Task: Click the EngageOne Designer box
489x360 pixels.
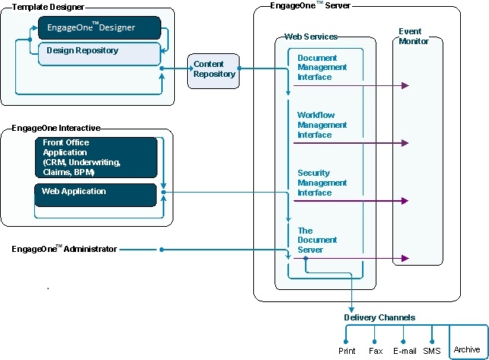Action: (100, 28)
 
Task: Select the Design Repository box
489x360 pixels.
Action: (100, 54)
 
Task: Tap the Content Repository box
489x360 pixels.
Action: (213, 72)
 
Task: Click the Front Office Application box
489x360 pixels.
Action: (96, 158)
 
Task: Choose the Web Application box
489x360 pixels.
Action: (95, 195)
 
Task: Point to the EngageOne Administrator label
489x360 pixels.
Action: (64, 249)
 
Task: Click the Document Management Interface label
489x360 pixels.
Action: (322, 68)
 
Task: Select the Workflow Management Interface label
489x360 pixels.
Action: (322, 125)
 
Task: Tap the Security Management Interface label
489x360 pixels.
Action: (322, 183)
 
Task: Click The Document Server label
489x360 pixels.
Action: (317, 240)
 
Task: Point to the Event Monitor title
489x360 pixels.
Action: (414, 37)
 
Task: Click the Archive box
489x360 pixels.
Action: (468, 342)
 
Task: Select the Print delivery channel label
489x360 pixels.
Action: (347, 351)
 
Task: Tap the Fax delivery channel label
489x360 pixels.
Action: (376, 351)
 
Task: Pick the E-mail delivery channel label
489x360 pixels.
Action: (405, 351)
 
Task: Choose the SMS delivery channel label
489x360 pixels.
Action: (432, 351)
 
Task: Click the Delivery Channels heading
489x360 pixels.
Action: (379, 317)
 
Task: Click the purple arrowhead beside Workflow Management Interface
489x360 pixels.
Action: (405, 143)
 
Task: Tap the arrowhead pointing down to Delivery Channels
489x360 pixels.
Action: (351, 310)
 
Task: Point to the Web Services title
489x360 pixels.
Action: (311, 37)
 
